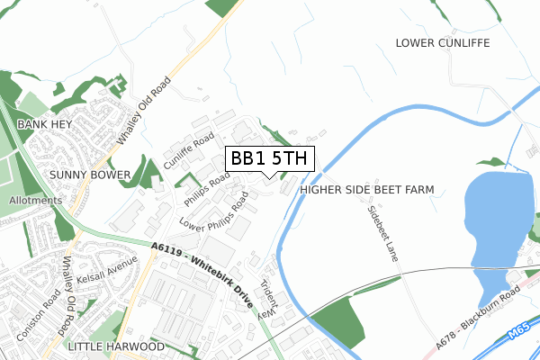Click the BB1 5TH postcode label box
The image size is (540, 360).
tap(269, 158)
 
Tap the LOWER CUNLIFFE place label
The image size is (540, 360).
tap(441, 42)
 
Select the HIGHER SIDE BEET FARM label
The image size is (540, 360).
tap(367, 190)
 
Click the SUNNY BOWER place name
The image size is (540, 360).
tap(90, 174)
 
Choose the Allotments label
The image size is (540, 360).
tap(36, 200)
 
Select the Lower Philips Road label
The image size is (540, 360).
tap(213, 212)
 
